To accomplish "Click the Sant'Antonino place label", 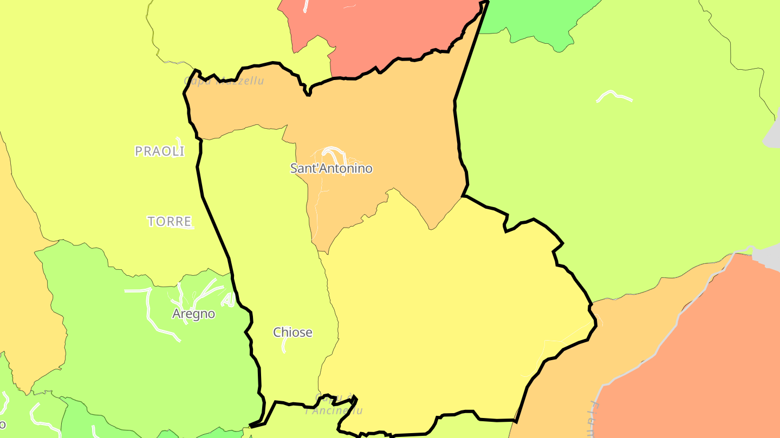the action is click(x=331, y=168).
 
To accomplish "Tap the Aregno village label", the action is click(x=193, y=314).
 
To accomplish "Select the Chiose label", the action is click(x=292, y=332).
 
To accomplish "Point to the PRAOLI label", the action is click(x=160, y=151).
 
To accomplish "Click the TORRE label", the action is click(x=170, y=221).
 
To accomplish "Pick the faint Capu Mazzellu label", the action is click(x=224, y=81).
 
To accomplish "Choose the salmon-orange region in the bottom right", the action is click(x=704, y=368).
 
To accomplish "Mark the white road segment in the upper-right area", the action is click(x=614, y=96).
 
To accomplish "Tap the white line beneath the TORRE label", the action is click(x=182, y=228).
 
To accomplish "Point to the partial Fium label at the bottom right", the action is click(x=594, y=419).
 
